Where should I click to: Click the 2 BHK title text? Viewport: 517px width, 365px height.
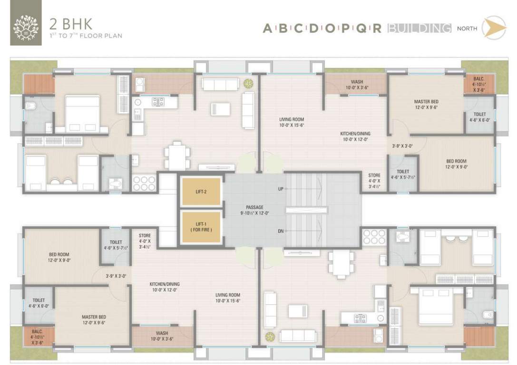coord(71,24)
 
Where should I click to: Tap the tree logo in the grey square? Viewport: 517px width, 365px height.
coord(26,29)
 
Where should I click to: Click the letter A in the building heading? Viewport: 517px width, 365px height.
coord(268,29)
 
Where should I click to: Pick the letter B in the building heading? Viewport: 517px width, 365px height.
coord(283,29)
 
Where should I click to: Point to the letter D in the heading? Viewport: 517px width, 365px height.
coord(313,29)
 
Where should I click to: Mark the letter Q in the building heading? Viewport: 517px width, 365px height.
coord(361,29)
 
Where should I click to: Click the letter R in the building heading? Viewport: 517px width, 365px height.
coord(377,29)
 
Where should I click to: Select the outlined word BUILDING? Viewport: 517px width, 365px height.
coord(419,29)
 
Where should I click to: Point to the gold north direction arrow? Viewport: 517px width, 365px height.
coord(493,28)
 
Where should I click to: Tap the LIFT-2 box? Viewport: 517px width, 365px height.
coord(201,192)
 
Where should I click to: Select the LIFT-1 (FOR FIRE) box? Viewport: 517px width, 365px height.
coord(201,227)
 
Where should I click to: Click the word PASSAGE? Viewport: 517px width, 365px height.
coord(254,207)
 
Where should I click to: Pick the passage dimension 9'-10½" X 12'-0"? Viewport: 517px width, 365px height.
coord(254,213)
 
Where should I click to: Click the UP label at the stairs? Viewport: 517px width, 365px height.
coord(281,189)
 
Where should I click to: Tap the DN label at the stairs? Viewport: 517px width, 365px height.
coord(281,231)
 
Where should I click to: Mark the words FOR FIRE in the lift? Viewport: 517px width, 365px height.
coord(201,230)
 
